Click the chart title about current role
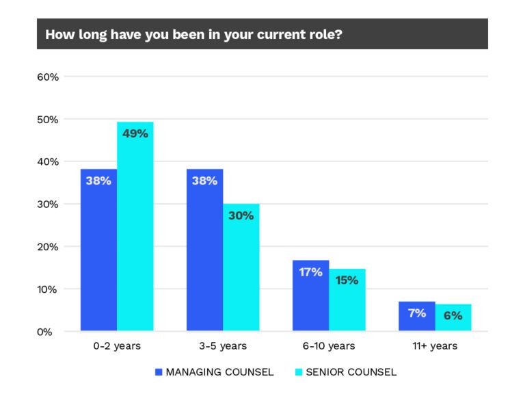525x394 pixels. [193, 35]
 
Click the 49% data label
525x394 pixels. [135, 133]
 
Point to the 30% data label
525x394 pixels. [241, 215]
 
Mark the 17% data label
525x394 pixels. [310, 272]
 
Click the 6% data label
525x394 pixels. [453, 315]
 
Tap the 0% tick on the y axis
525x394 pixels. [50, 332]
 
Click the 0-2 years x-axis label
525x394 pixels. [116, 346]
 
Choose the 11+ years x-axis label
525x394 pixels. [435, 346]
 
